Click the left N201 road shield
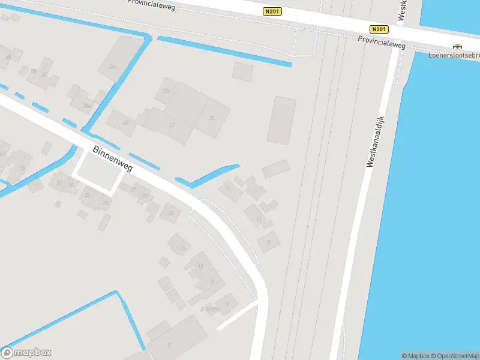(x=272, y=11)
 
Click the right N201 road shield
(x=379, y=29)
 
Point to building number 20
(x=211, y=118)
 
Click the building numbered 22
(x=172, y=125)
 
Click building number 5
(x=169, y=344)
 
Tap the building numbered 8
(x=269, y=242)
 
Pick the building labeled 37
(x=59, y=182)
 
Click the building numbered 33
(x=88, y=194)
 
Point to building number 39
(x=8, y=58)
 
